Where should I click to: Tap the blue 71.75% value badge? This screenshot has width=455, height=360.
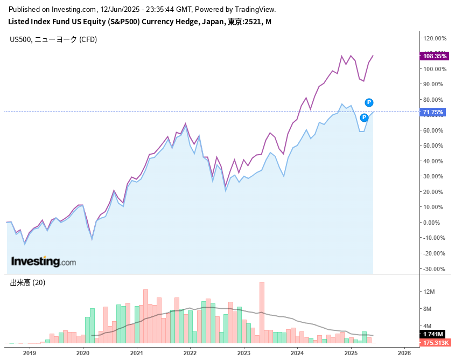(433, 112)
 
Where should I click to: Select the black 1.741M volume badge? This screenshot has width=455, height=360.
(433, 335)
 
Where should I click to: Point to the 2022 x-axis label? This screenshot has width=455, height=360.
(190, 353)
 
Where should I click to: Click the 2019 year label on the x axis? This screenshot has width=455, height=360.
(29, 353)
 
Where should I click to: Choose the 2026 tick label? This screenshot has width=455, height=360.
(404, 353)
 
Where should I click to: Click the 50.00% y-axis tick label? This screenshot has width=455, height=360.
(435, 146)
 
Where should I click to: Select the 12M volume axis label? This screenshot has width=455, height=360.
(430, 292)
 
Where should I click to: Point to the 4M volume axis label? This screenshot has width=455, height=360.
(429, 326)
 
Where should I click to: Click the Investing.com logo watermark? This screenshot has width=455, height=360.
(44, 262)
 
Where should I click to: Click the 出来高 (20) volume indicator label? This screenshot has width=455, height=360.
(27, 282)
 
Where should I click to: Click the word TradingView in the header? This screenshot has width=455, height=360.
(255, 10)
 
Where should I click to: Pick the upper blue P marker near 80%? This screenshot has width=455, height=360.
(369, 102)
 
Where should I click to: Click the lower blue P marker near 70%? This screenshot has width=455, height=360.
(365, 117)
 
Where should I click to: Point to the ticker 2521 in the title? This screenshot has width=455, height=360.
(256, 22)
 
